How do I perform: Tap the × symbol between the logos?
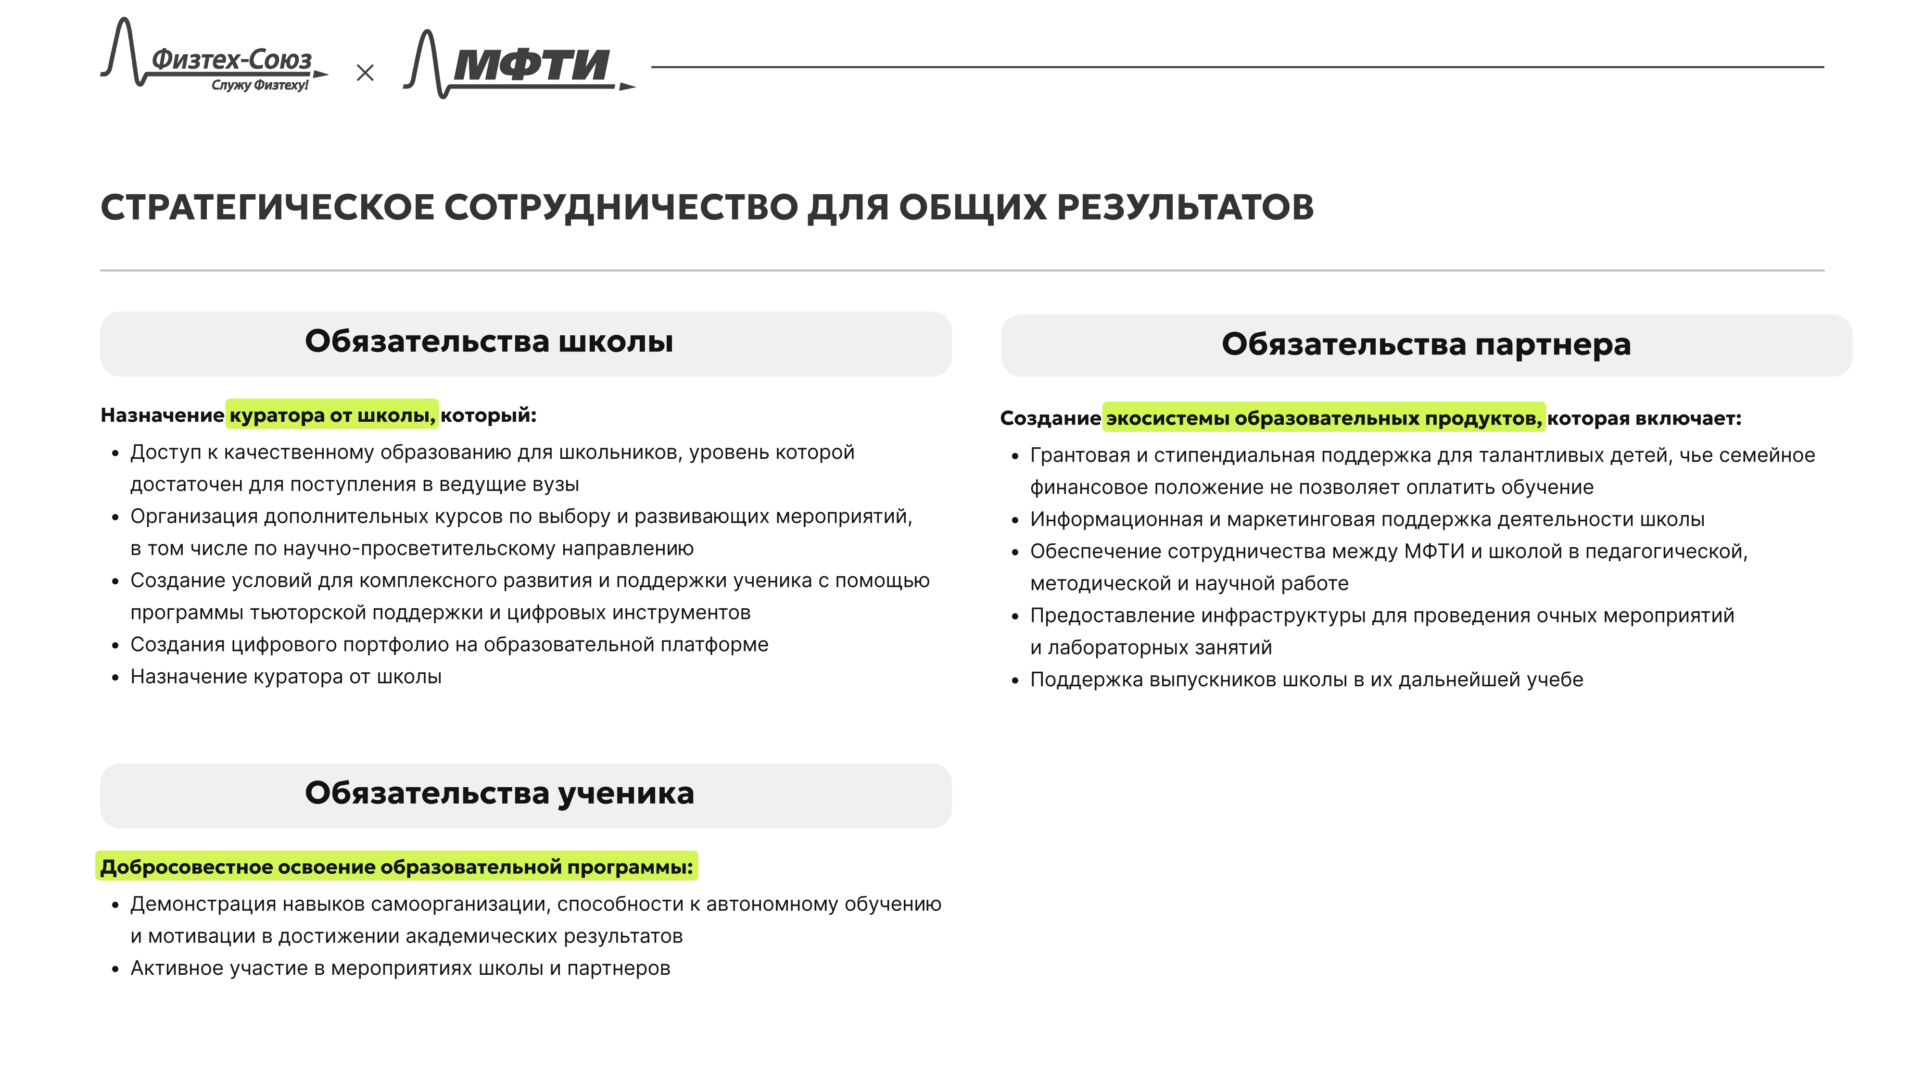pos(365,73)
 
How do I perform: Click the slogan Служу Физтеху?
pos(259,85)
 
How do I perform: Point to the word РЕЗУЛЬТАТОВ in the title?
pos(1185,208)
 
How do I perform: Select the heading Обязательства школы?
pos(489,342)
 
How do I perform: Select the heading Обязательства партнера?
pos(1425,345)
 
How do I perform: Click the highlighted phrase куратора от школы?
pos(331,415)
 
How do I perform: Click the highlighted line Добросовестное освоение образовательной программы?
pos(397,867)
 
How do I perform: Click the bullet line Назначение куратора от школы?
pos(286,677)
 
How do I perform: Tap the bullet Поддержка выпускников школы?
pos(1306,679)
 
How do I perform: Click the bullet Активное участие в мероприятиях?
pos(400,969)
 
